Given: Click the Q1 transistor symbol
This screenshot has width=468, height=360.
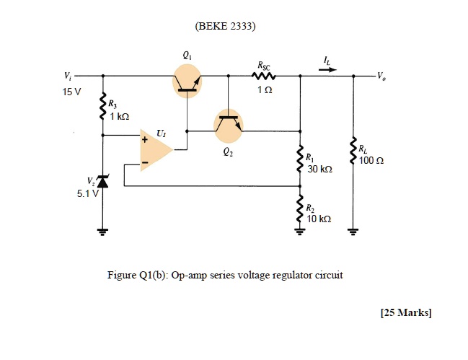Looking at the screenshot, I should pos(187,81).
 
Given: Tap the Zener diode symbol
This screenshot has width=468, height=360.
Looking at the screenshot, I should pos(103,185).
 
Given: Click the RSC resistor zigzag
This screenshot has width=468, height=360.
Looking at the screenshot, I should pos(262,76).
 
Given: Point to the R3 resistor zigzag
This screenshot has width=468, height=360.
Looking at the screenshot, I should pos(103,110).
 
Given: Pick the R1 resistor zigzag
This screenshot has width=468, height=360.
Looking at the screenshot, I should pos(299,159).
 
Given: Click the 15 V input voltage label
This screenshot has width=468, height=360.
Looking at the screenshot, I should pos(73,92).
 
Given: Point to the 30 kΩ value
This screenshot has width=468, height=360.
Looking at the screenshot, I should pos(319,169).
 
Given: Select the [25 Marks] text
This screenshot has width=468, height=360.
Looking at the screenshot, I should pos(405,312).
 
